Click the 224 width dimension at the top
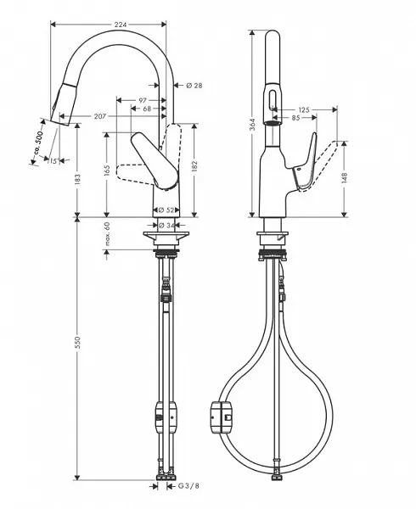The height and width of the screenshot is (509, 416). [x=120, y=25]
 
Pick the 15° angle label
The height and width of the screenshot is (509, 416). [x=53, y=161]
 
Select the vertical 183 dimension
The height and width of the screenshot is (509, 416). [x=76, y=179]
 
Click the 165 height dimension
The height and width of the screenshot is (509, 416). [x=107, y=170]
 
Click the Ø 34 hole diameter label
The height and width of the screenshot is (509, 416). [x=166, y=224]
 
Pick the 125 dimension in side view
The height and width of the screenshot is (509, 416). [x=303, y=109]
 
